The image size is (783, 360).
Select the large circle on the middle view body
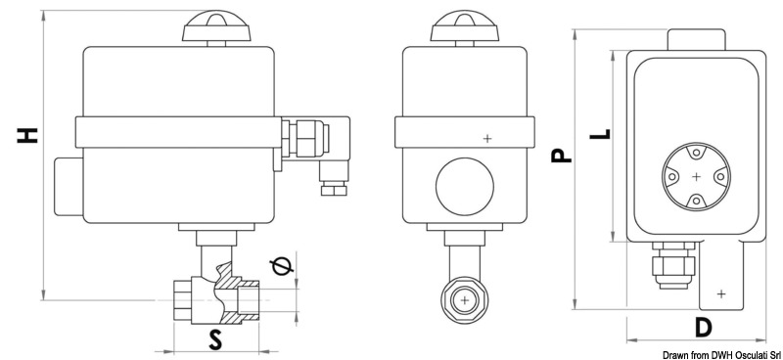[465, 184]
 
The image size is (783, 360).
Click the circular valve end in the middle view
[465, 299]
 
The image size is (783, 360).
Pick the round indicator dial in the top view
[695, 176]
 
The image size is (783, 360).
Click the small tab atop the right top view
[696, 40]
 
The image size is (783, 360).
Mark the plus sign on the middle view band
[486, 138]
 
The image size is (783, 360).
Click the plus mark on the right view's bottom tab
[720, 293]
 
